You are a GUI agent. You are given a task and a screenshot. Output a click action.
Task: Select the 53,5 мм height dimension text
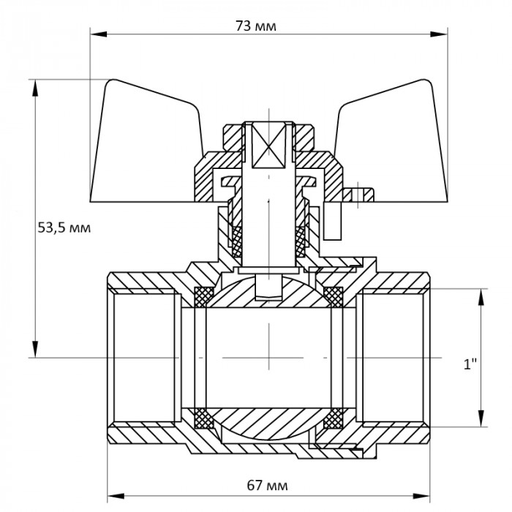coord(63,227)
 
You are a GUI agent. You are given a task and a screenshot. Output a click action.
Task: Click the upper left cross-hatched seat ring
coord(204,296)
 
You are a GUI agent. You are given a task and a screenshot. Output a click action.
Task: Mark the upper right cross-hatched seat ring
coord(334,296)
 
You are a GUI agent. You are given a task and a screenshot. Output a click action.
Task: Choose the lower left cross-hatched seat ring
coord(204,419)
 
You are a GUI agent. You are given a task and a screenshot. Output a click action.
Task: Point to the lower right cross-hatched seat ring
coord(334,419)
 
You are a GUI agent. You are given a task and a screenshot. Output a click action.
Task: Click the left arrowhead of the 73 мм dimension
coord(95,33)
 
